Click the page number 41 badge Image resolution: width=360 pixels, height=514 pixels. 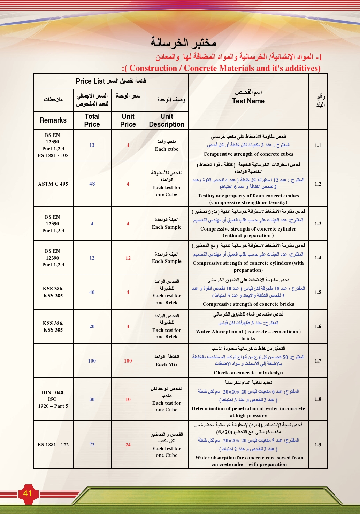coord(28,493)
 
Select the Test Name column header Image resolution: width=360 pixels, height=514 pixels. coord(248,101)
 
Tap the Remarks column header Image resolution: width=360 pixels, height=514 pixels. coord(53,120)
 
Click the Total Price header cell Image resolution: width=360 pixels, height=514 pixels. coord(92,120)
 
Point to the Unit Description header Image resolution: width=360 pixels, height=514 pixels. coord(167,120)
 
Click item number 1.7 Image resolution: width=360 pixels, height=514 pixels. coord(318,361)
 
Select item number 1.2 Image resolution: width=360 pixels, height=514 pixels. coord(318,184)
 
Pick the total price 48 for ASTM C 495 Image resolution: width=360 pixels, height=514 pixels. coord(92,184)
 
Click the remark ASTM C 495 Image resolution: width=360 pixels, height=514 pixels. coord(53,184)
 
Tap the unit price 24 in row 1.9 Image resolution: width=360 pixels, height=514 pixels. coord(128,445)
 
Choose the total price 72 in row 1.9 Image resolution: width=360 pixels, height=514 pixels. coord(92,445)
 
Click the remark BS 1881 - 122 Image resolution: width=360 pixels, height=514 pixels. coord(53,445)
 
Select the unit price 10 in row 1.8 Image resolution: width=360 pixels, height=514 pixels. coord(128,399)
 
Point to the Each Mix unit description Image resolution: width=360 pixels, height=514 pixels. coord(167,364)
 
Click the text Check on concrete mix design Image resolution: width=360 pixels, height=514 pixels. coord(248,373)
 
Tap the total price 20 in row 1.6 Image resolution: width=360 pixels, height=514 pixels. coord(92,326)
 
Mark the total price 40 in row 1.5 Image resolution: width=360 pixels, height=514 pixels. coord(92,292)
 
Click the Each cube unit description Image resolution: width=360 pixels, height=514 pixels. coord(167,149)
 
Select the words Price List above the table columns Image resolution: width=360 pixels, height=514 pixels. coord(90,81)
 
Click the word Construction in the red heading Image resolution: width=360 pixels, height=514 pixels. coord(153,68)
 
